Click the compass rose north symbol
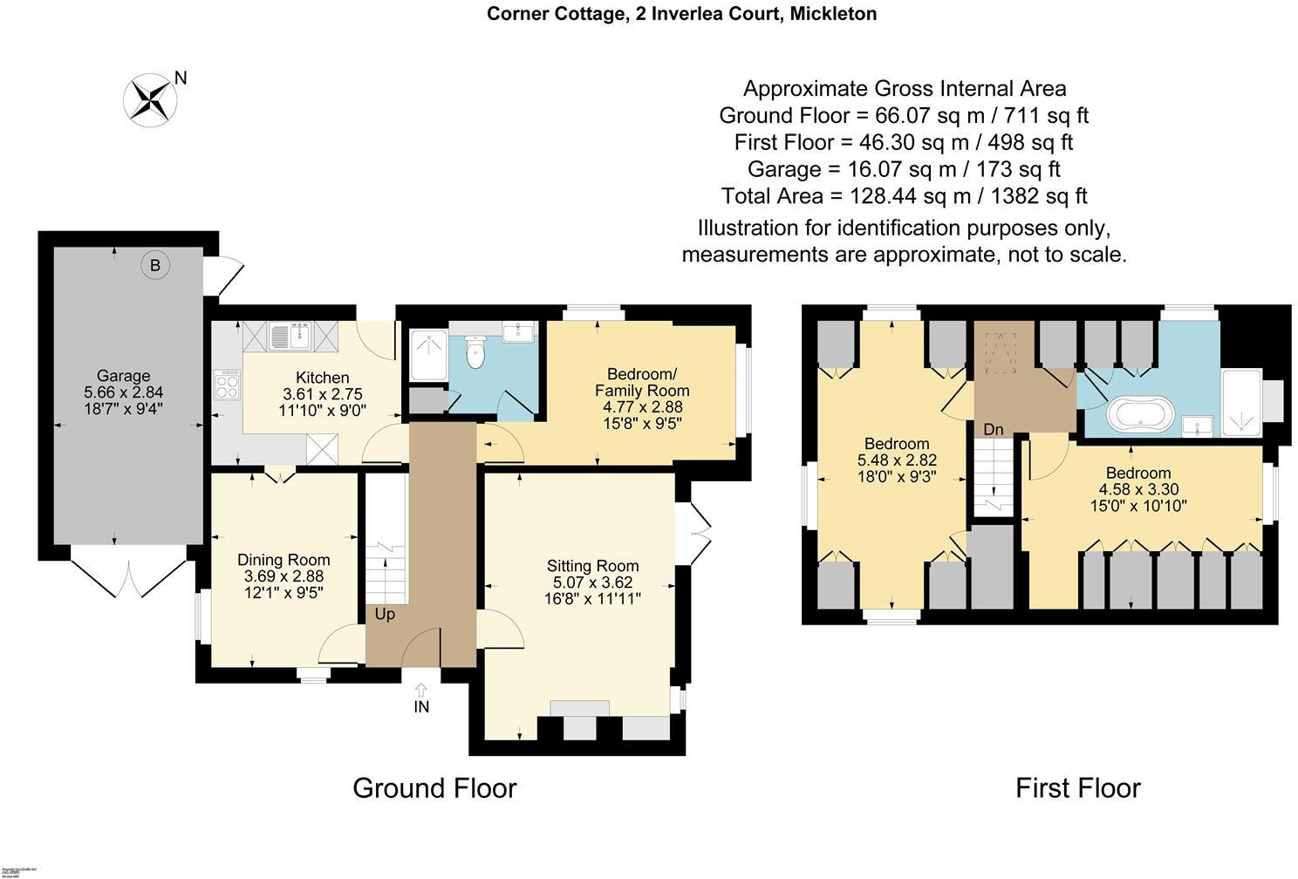(x=150, y=98)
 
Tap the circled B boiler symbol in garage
(x=155, y=265)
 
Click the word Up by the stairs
(x=385, y=614)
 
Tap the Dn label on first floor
(x=993, y=429)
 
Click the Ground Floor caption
(x=434, y=788)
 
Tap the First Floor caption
(x=1077, y=788)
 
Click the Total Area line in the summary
(x=904, y=195)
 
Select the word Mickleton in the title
(x=833, y=13)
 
